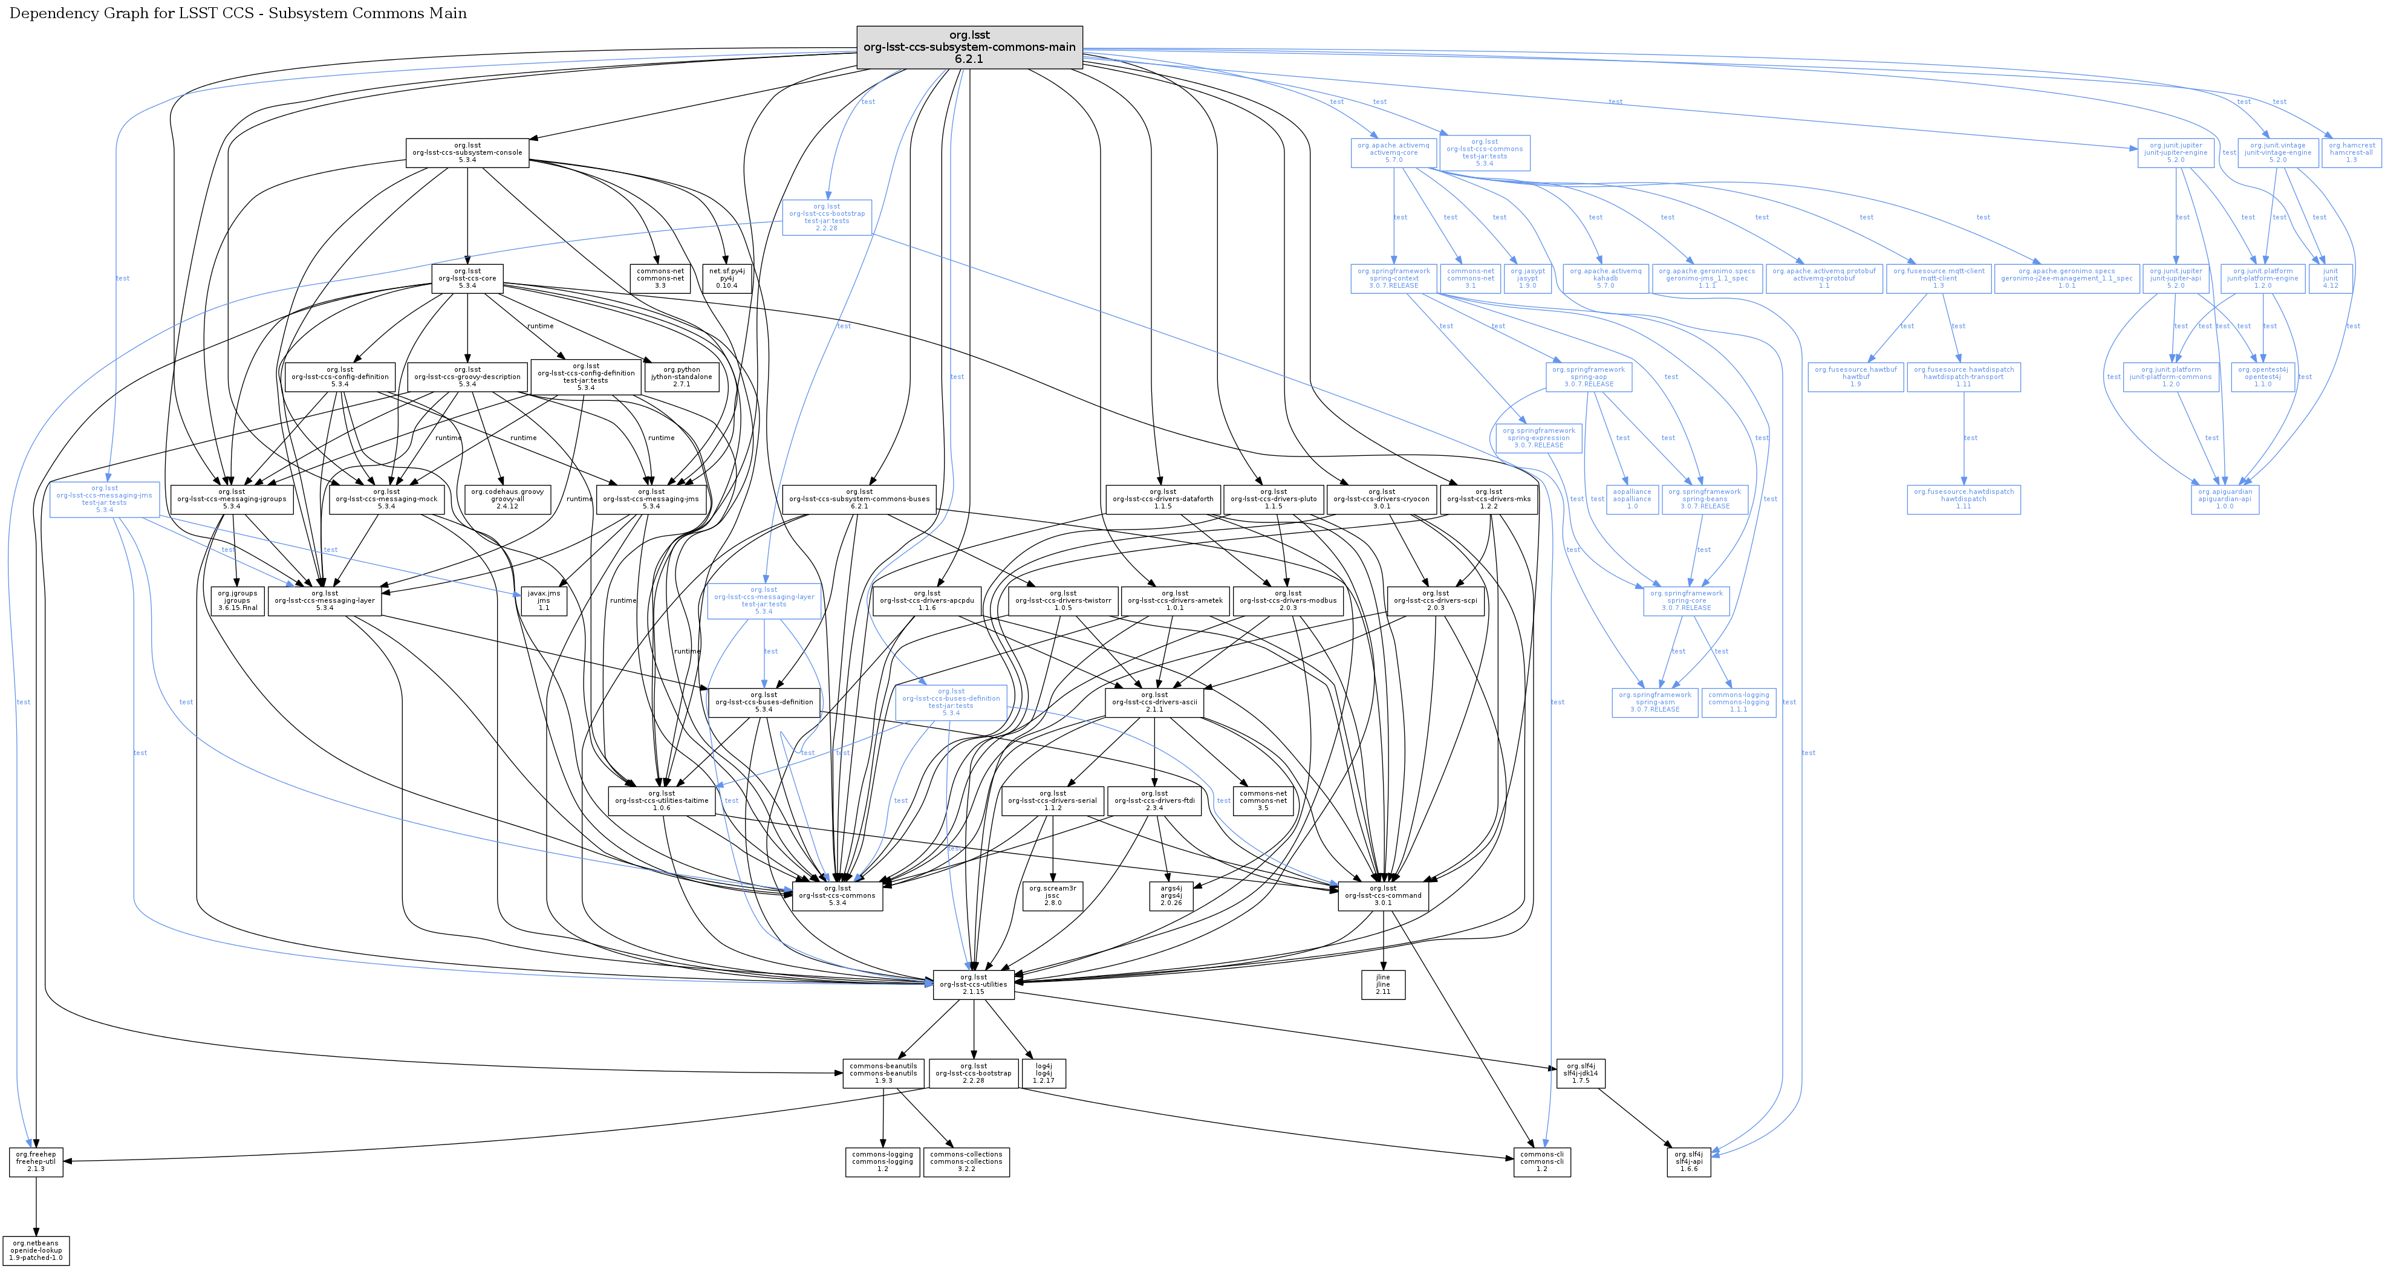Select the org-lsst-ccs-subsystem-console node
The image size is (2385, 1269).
pos(467,153)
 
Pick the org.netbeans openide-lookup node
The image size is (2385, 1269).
pos(36,1250)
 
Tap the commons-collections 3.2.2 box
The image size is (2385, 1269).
pos(966,1161)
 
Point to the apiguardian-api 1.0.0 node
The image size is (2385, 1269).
pos(2224,499)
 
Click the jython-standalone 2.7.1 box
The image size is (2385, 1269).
pos(682,377)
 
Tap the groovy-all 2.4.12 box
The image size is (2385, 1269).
pos(506,499)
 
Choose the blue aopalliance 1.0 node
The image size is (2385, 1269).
pos(1632,499)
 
